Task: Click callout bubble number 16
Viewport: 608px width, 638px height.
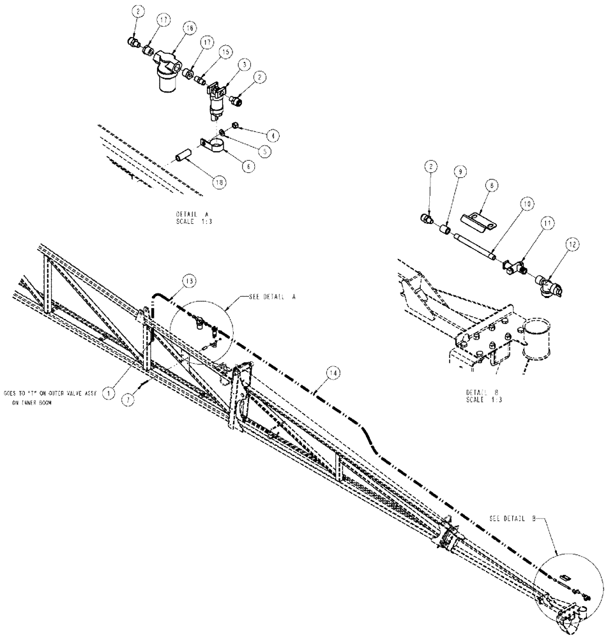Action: (188, 28)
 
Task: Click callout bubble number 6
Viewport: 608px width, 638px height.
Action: (246, 164)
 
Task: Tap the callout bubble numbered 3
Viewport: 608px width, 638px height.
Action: (244, 64)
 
